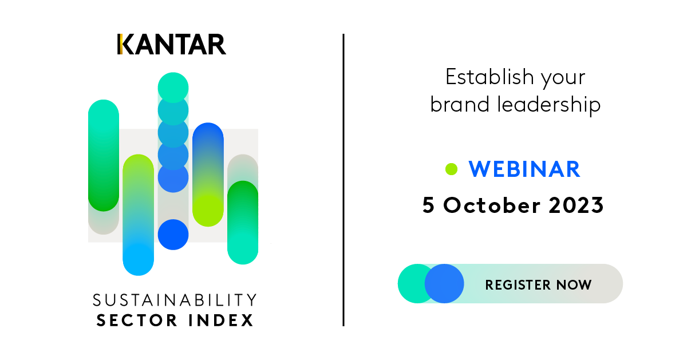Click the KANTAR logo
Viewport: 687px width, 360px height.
pos(172,44)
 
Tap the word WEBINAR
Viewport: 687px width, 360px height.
pos(524,169)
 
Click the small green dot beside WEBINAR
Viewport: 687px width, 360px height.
pos(451,169)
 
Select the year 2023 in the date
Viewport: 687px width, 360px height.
pos(576,205)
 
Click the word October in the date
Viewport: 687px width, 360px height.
pos(492,205)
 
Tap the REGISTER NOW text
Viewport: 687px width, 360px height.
pos(538,285)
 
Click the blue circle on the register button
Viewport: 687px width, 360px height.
pos(444,284)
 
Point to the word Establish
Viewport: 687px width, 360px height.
pos(490,77)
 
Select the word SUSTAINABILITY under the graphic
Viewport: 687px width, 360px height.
pos(175,300)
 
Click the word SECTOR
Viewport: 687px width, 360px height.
pos(137,320)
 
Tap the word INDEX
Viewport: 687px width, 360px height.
pos(221,320)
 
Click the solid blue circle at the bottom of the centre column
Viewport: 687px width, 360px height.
pos(173,235)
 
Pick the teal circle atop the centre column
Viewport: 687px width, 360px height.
pos(173,88)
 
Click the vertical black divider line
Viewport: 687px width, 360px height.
pos(343,180)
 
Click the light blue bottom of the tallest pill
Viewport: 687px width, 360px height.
pos(139,259)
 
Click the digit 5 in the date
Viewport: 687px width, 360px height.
pos(428,205)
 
